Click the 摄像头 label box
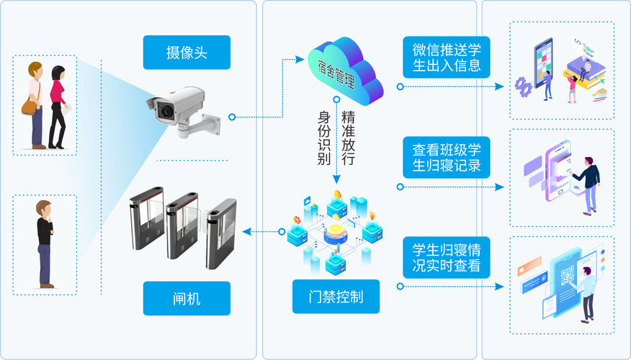click(x=187, y=53)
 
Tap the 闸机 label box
click(x=187, y=298)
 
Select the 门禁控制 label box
click(x=336, y=297)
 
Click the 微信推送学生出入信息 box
click(x=447, y=57)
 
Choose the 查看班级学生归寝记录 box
click(x=447, y=157)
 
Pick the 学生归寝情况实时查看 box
click(x=447, y=258)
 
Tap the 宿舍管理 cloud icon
click(x=345, y=71)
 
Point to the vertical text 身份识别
click(x=324, y=138)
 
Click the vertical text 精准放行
click(x=348, y=138)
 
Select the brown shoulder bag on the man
click(x=30, y=107)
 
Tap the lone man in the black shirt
click(x=45, y=244)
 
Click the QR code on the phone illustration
click(x=568, y=275)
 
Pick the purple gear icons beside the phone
click(x=524, y=86)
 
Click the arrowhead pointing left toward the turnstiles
click(x=246, y=232)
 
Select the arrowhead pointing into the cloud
click(x=300, y=60)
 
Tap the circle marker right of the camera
click(x=232, y=117)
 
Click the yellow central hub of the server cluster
click(x=336, y=233)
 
